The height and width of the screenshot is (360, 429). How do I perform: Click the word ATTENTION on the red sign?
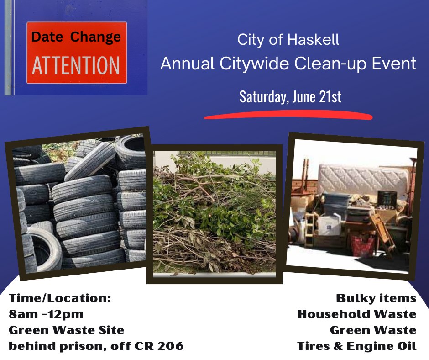76,65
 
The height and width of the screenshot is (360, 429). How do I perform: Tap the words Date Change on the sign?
76,37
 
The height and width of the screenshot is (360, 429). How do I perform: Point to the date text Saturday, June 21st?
290,96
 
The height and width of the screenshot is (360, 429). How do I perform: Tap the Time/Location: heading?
60,298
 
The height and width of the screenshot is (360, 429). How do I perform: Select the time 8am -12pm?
46,314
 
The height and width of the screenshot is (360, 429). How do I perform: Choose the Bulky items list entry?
376,298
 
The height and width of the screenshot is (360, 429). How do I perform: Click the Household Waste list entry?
357,314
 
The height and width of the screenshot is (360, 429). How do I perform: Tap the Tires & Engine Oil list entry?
357,346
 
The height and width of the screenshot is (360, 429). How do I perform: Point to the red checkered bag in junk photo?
363,246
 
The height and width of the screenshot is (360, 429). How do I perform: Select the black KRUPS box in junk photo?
387,200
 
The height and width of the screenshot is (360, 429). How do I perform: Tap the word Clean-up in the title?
330,64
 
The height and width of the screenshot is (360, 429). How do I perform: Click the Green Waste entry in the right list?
373,330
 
